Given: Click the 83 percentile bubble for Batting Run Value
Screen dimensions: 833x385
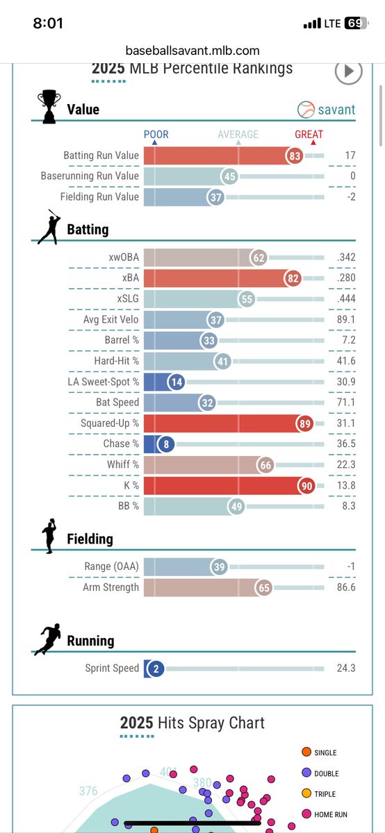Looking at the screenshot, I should point(295,155).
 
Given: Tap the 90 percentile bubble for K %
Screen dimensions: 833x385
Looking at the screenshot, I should point(306,486).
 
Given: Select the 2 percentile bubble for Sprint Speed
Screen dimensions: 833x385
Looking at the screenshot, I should point(156,669).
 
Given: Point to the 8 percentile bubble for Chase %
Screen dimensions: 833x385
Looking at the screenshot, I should point(166,444).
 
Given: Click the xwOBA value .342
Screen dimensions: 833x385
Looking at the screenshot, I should point(345,258).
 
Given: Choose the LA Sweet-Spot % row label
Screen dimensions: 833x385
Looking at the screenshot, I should point(105,382).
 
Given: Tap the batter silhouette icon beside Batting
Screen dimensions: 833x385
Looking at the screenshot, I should point(49,227).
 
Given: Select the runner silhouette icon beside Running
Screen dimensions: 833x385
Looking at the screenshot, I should point(47,641).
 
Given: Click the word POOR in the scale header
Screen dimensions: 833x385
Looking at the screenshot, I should point(156,135).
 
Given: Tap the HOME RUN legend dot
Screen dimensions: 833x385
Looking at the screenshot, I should point(306,814).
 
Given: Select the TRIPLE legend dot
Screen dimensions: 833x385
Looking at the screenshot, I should point(306,793).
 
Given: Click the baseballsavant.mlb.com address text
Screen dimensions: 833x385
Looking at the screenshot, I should point(192,51).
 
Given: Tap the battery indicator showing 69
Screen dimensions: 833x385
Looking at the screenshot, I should point(354,23).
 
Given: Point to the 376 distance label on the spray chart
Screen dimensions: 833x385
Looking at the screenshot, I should point(88,791).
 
